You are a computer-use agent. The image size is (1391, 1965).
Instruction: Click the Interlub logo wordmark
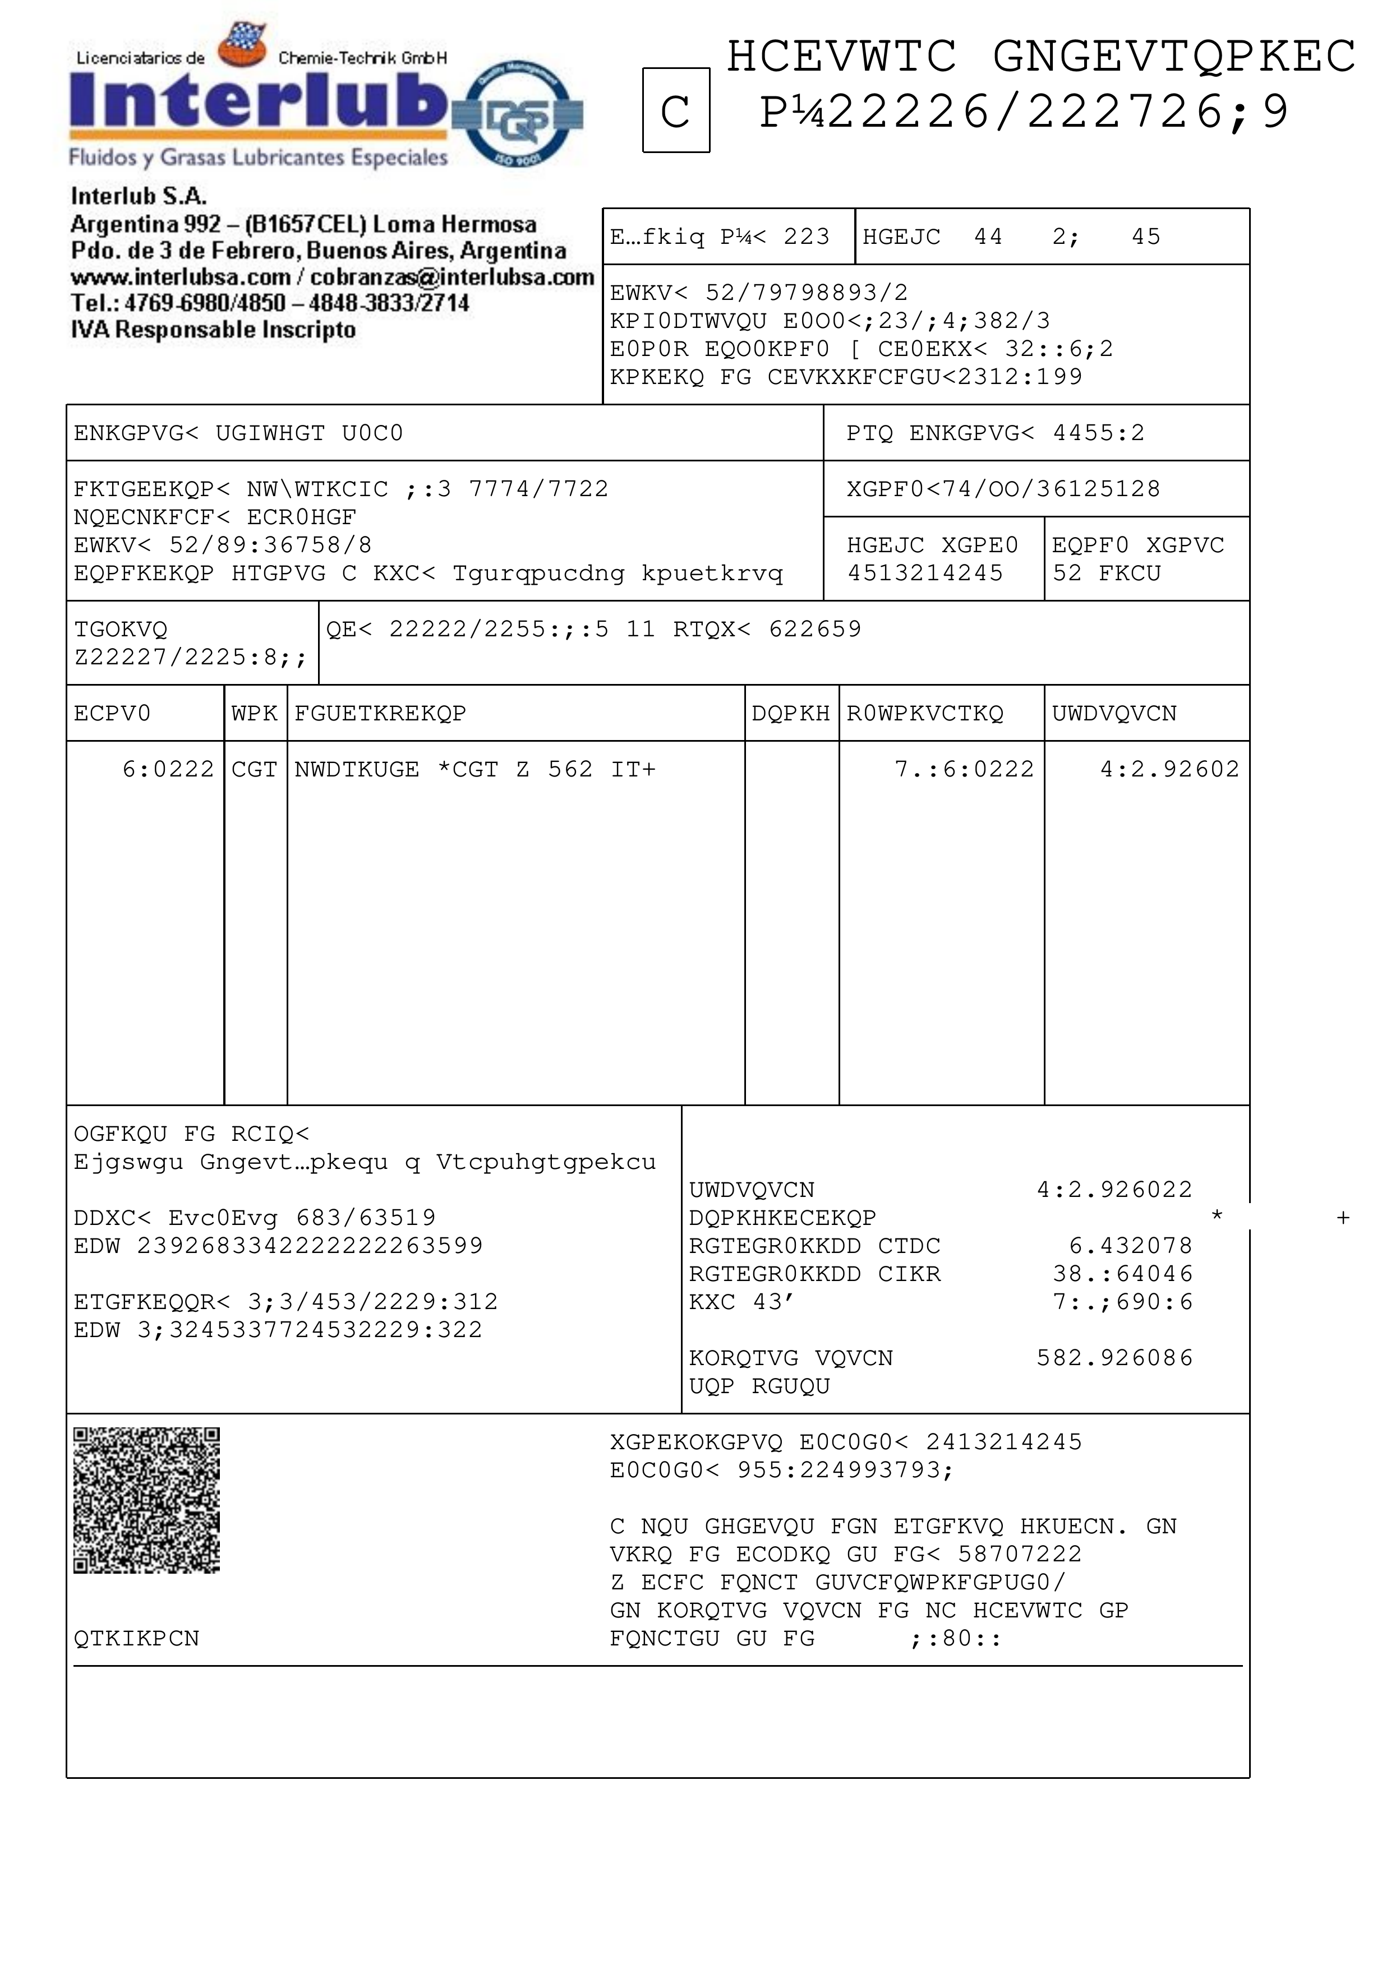[x=257, y=100]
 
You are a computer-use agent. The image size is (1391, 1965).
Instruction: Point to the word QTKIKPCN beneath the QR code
[x=136, y=1638]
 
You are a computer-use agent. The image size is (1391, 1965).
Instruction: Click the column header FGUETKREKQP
[x=380, y=713]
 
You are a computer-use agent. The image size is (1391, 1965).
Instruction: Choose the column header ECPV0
[x=112, y=713]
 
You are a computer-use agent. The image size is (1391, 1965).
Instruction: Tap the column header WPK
[x=255, y=713]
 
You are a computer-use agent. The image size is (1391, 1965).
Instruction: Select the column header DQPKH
[x=791, y=713]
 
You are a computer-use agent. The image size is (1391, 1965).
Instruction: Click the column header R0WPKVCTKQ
[x=925, y=713]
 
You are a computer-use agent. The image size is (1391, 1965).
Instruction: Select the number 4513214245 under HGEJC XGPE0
[x=925, y=573]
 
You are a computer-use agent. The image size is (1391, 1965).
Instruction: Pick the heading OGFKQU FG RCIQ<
[x=191, y=1134]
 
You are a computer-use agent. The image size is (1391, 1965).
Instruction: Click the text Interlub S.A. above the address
[x=139, y=196]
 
